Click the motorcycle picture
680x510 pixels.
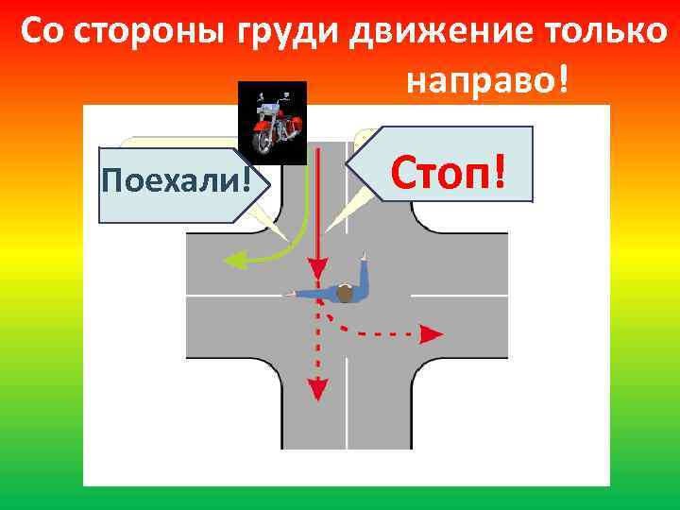pos(272,121)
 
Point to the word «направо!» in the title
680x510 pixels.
pos(488,82)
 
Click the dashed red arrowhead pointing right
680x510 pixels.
pos(432,333)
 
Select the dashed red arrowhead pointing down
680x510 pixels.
pos(319,388)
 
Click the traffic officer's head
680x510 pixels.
pos(345,295)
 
